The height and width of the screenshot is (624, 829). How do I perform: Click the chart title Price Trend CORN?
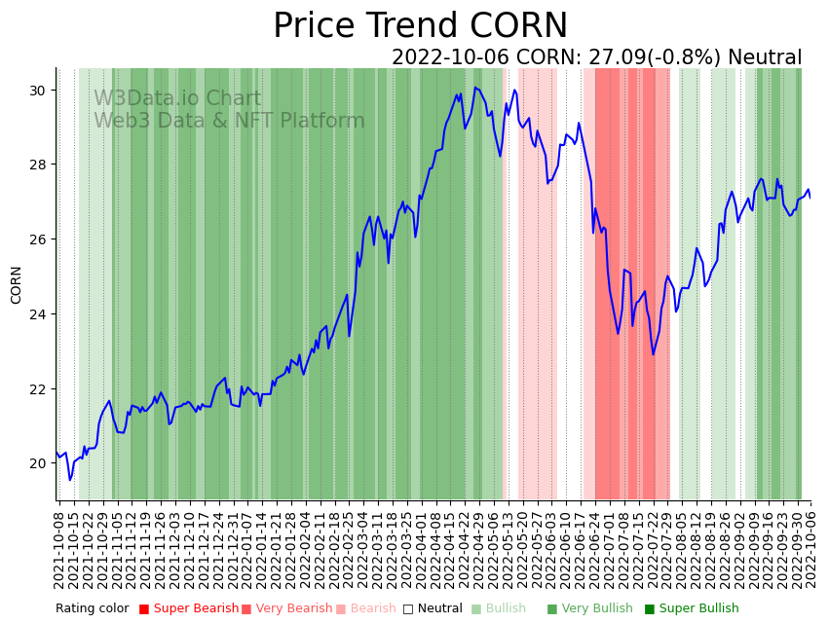coord(420,26)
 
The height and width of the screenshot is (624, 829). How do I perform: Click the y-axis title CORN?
coord(17,284)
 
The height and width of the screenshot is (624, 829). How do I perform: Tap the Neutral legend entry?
coord(433,608)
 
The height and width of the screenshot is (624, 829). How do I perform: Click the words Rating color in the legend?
coord(92,608)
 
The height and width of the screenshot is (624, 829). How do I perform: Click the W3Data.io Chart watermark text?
coord(177,98)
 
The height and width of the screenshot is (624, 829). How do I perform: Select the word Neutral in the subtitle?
coord(765,57)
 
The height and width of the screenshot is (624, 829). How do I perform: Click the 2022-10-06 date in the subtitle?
coord(451,57)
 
